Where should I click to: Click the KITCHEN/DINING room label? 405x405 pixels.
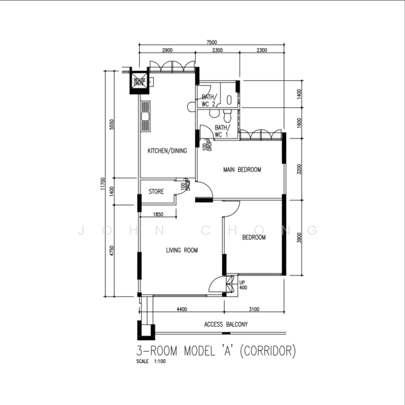(x=167, y=151)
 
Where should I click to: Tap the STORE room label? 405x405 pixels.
(x=156, y=192)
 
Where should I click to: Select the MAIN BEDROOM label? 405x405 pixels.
(x=242, y=169)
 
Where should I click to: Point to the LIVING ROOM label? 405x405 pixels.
(x=182, y=250)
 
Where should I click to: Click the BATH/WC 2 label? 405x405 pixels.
(x=208, y=101)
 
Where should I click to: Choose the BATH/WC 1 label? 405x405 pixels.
(x=222, y=130)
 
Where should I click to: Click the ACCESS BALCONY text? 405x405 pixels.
(x=225, y=325)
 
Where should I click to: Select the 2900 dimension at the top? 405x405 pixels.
(x=167, y=51)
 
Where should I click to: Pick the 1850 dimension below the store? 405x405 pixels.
(x=159, y=215)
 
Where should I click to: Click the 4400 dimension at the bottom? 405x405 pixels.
(x=182, y=309)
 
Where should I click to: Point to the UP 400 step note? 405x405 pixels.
(x=242, y=285)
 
